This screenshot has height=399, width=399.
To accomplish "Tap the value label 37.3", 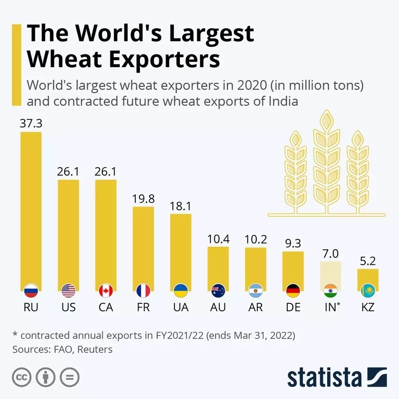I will tap(31, 123).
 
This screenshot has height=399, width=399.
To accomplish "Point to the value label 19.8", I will tap(143, 199).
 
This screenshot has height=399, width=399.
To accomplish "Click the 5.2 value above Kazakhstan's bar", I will tap(368, 261).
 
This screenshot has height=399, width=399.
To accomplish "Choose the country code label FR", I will tap(143, 308).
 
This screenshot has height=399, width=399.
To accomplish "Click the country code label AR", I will tap(255, 308).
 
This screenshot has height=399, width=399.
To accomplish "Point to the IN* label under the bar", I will tap(332, 308).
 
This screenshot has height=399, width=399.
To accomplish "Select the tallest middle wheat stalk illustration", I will tap(326, 160).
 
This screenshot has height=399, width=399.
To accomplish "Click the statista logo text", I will tap(324, 377).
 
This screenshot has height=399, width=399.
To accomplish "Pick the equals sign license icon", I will tap(69, 377).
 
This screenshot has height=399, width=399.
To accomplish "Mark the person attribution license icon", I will tap(46, 377).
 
